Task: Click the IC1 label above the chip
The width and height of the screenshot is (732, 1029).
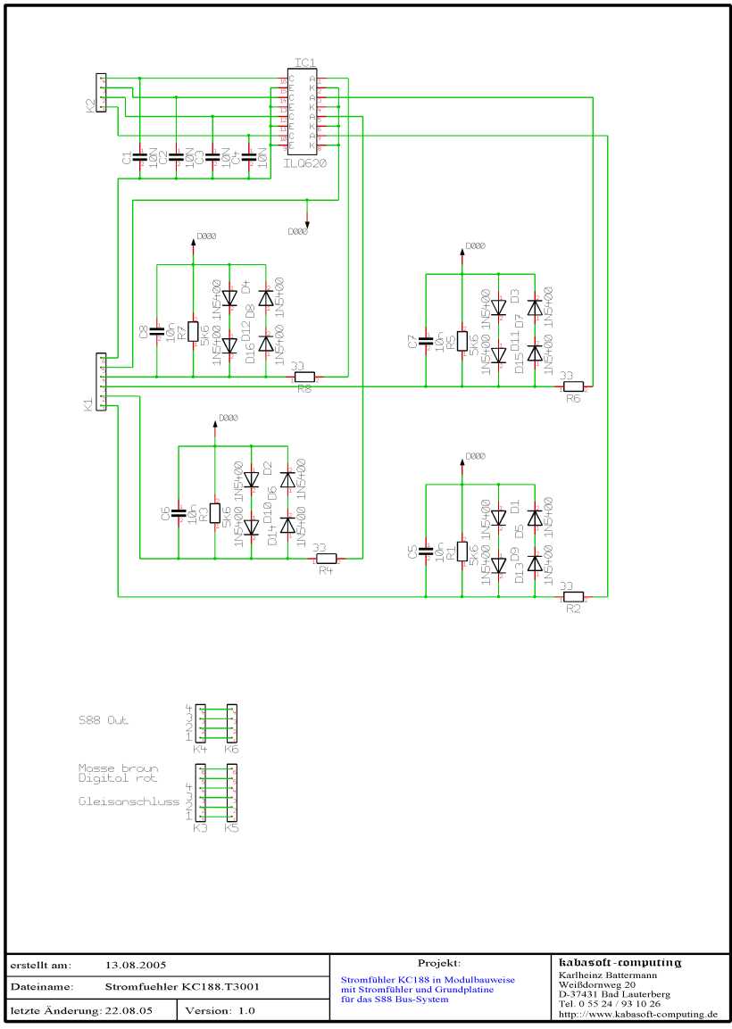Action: click(304, 62)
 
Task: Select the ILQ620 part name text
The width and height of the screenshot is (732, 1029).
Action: click(305, 164)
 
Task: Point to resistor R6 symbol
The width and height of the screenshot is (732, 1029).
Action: click(572, 386)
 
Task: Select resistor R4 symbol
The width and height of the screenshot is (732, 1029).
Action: click(326, 559)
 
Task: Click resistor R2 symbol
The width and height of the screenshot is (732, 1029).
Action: click(572, 596)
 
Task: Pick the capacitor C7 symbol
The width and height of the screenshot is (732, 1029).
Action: click(427, 340)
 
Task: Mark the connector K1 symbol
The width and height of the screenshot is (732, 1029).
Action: click(101, 381)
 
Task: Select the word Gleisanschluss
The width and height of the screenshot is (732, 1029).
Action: click(129, 801)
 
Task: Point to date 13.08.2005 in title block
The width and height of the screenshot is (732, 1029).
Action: click(136, 965)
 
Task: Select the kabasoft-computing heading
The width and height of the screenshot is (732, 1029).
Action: click(620, 962)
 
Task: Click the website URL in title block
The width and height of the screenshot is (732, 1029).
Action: click(637, 1014)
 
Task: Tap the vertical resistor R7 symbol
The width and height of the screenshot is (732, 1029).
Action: click(193, 332)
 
